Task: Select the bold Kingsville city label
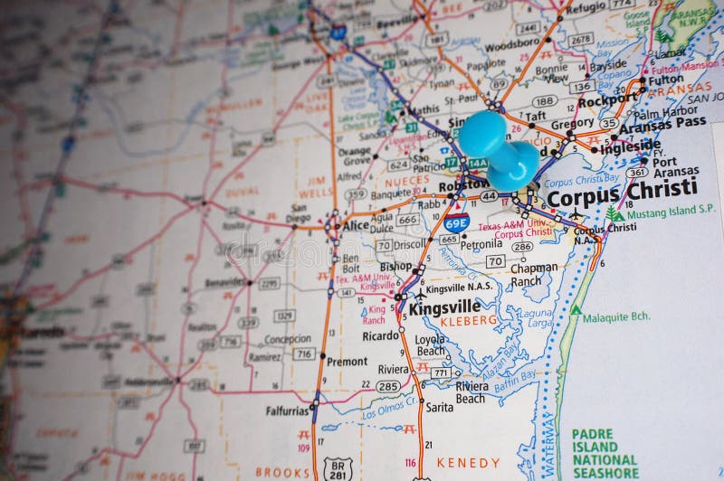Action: (x=444, y=307)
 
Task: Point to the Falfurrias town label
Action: (x=288, y=410)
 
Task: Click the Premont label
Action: (x=348, y=361)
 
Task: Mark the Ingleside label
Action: (x=631, y=145)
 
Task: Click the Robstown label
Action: (x=463, y=187)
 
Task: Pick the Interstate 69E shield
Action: (x=457, y=222)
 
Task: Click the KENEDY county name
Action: (x=468, y=462)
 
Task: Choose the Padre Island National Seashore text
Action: (x=605, y=453)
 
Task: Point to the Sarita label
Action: (x=439, y=407)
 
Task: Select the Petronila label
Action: (x=481, y=244)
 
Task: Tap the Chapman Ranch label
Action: (x=534, y=274)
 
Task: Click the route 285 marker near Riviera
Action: (x=388, y=386)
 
